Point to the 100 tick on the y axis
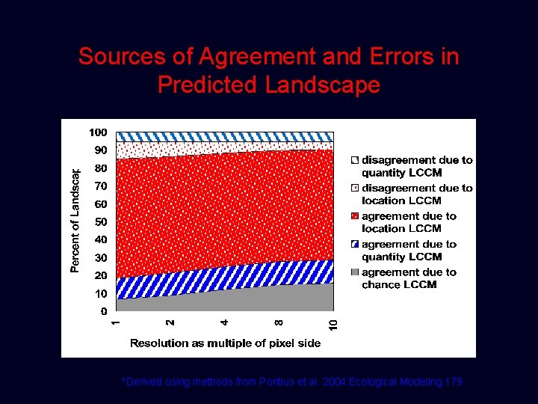pyautogui.click(x=98, y=132)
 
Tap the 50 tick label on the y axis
pyautogui.click(x=101, y=222)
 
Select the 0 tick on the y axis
pyautogui.click(x=104, y=311)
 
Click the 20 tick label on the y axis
pyautogui.click(x=101, y=275)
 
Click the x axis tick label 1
pyautogui.click(x=115, y=322)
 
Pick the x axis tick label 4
pyautogui.click(x=224, y=322)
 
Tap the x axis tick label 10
pyautogui.click(x=333, y=324)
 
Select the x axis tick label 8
pyautogui.click(x=279, y=322)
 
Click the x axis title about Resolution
pyautogui.click(x=225, y=343)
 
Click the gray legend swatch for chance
pyautogui.click(x=355, y=272)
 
